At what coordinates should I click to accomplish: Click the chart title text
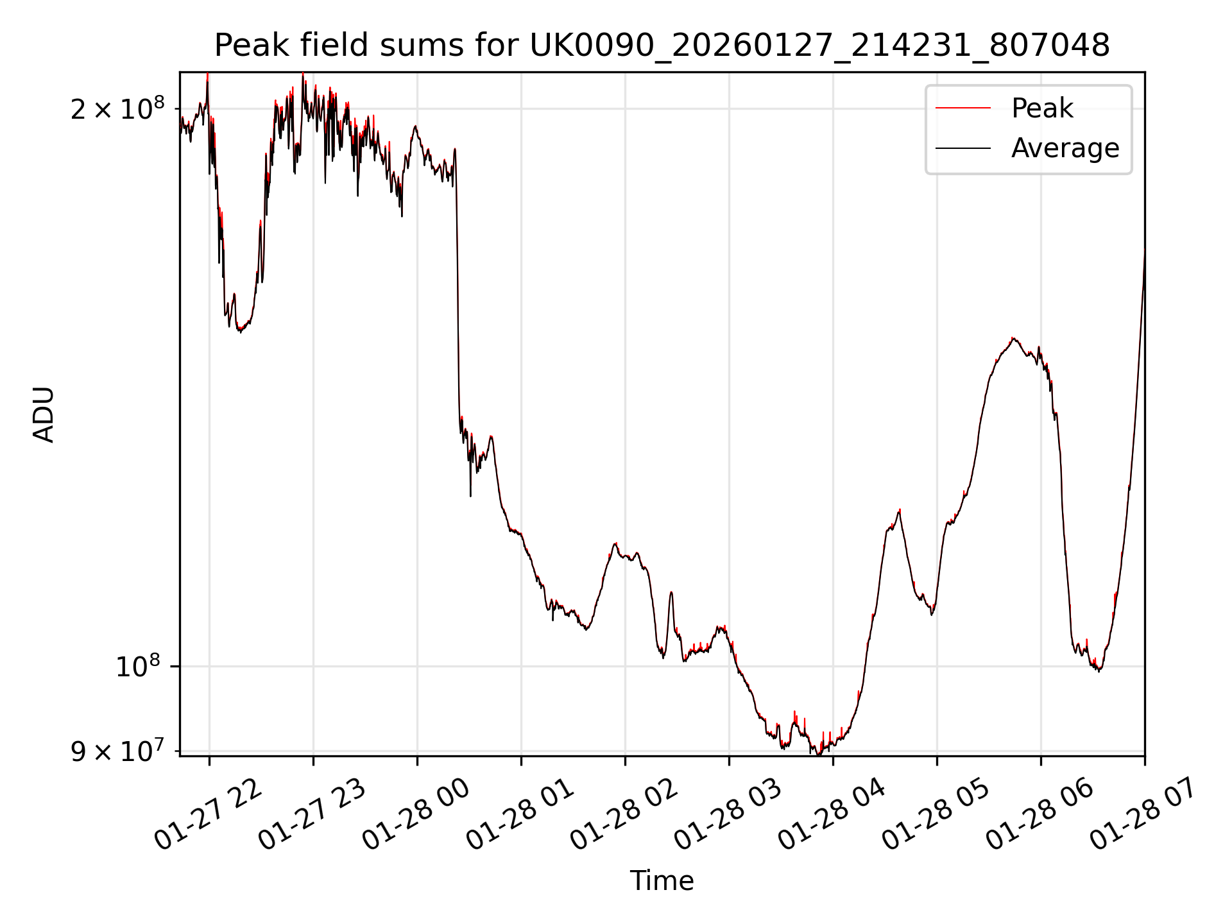tap(662, 46)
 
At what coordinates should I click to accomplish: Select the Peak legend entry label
tap(1041, 108)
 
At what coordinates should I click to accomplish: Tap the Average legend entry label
tap(1065, 148)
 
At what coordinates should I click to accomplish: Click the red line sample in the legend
tap(963, 108)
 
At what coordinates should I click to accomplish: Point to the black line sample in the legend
tap(963, 148)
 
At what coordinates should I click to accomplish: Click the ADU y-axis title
tap(44, 415)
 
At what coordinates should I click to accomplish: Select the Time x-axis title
tap(662, 881)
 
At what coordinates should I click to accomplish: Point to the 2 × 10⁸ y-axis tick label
tap(117, 110)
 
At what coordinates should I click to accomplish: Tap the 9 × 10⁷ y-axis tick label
tap(117, 751)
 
